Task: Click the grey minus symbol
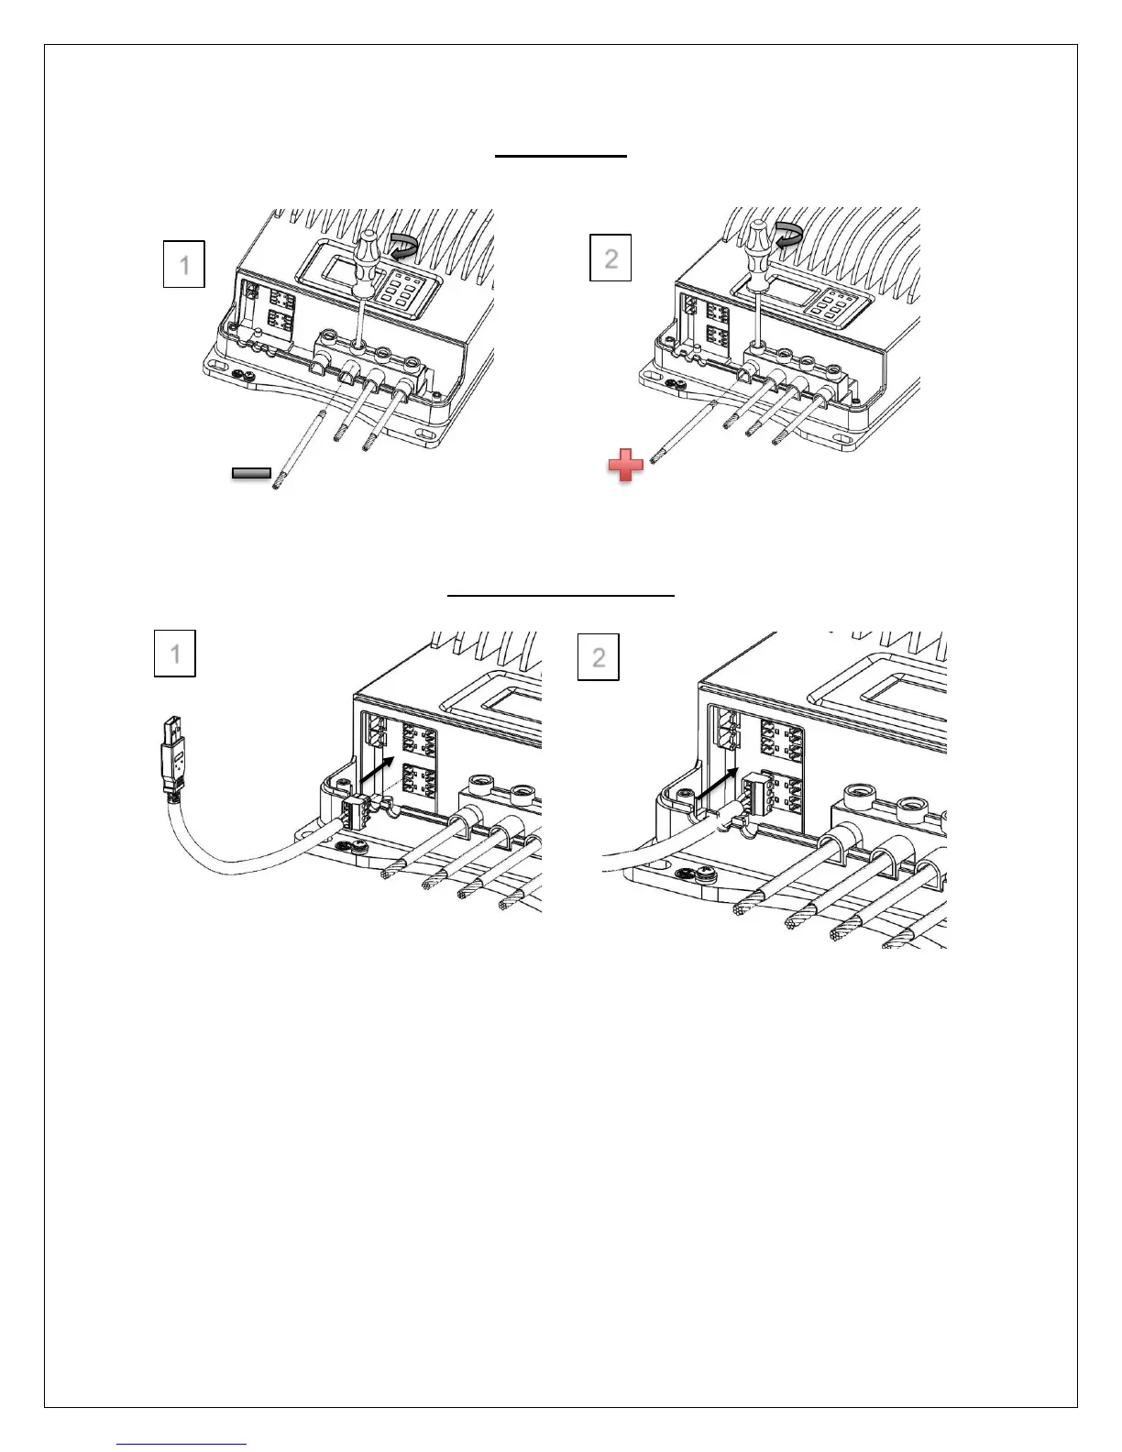251,474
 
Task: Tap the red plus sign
626,467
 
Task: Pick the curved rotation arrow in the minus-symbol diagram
402,245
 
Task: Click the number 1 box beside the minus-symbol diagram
183,264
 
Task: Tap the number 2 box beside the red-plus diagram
610,258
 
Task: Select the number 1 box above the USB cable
175,653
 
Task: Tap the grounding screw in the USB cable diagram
349,848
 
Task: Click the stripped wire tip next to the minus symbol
278,478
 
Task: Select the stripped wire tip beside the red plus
654,454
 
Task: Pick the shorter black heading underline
561,157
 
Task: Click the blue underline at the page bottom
182,1444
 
